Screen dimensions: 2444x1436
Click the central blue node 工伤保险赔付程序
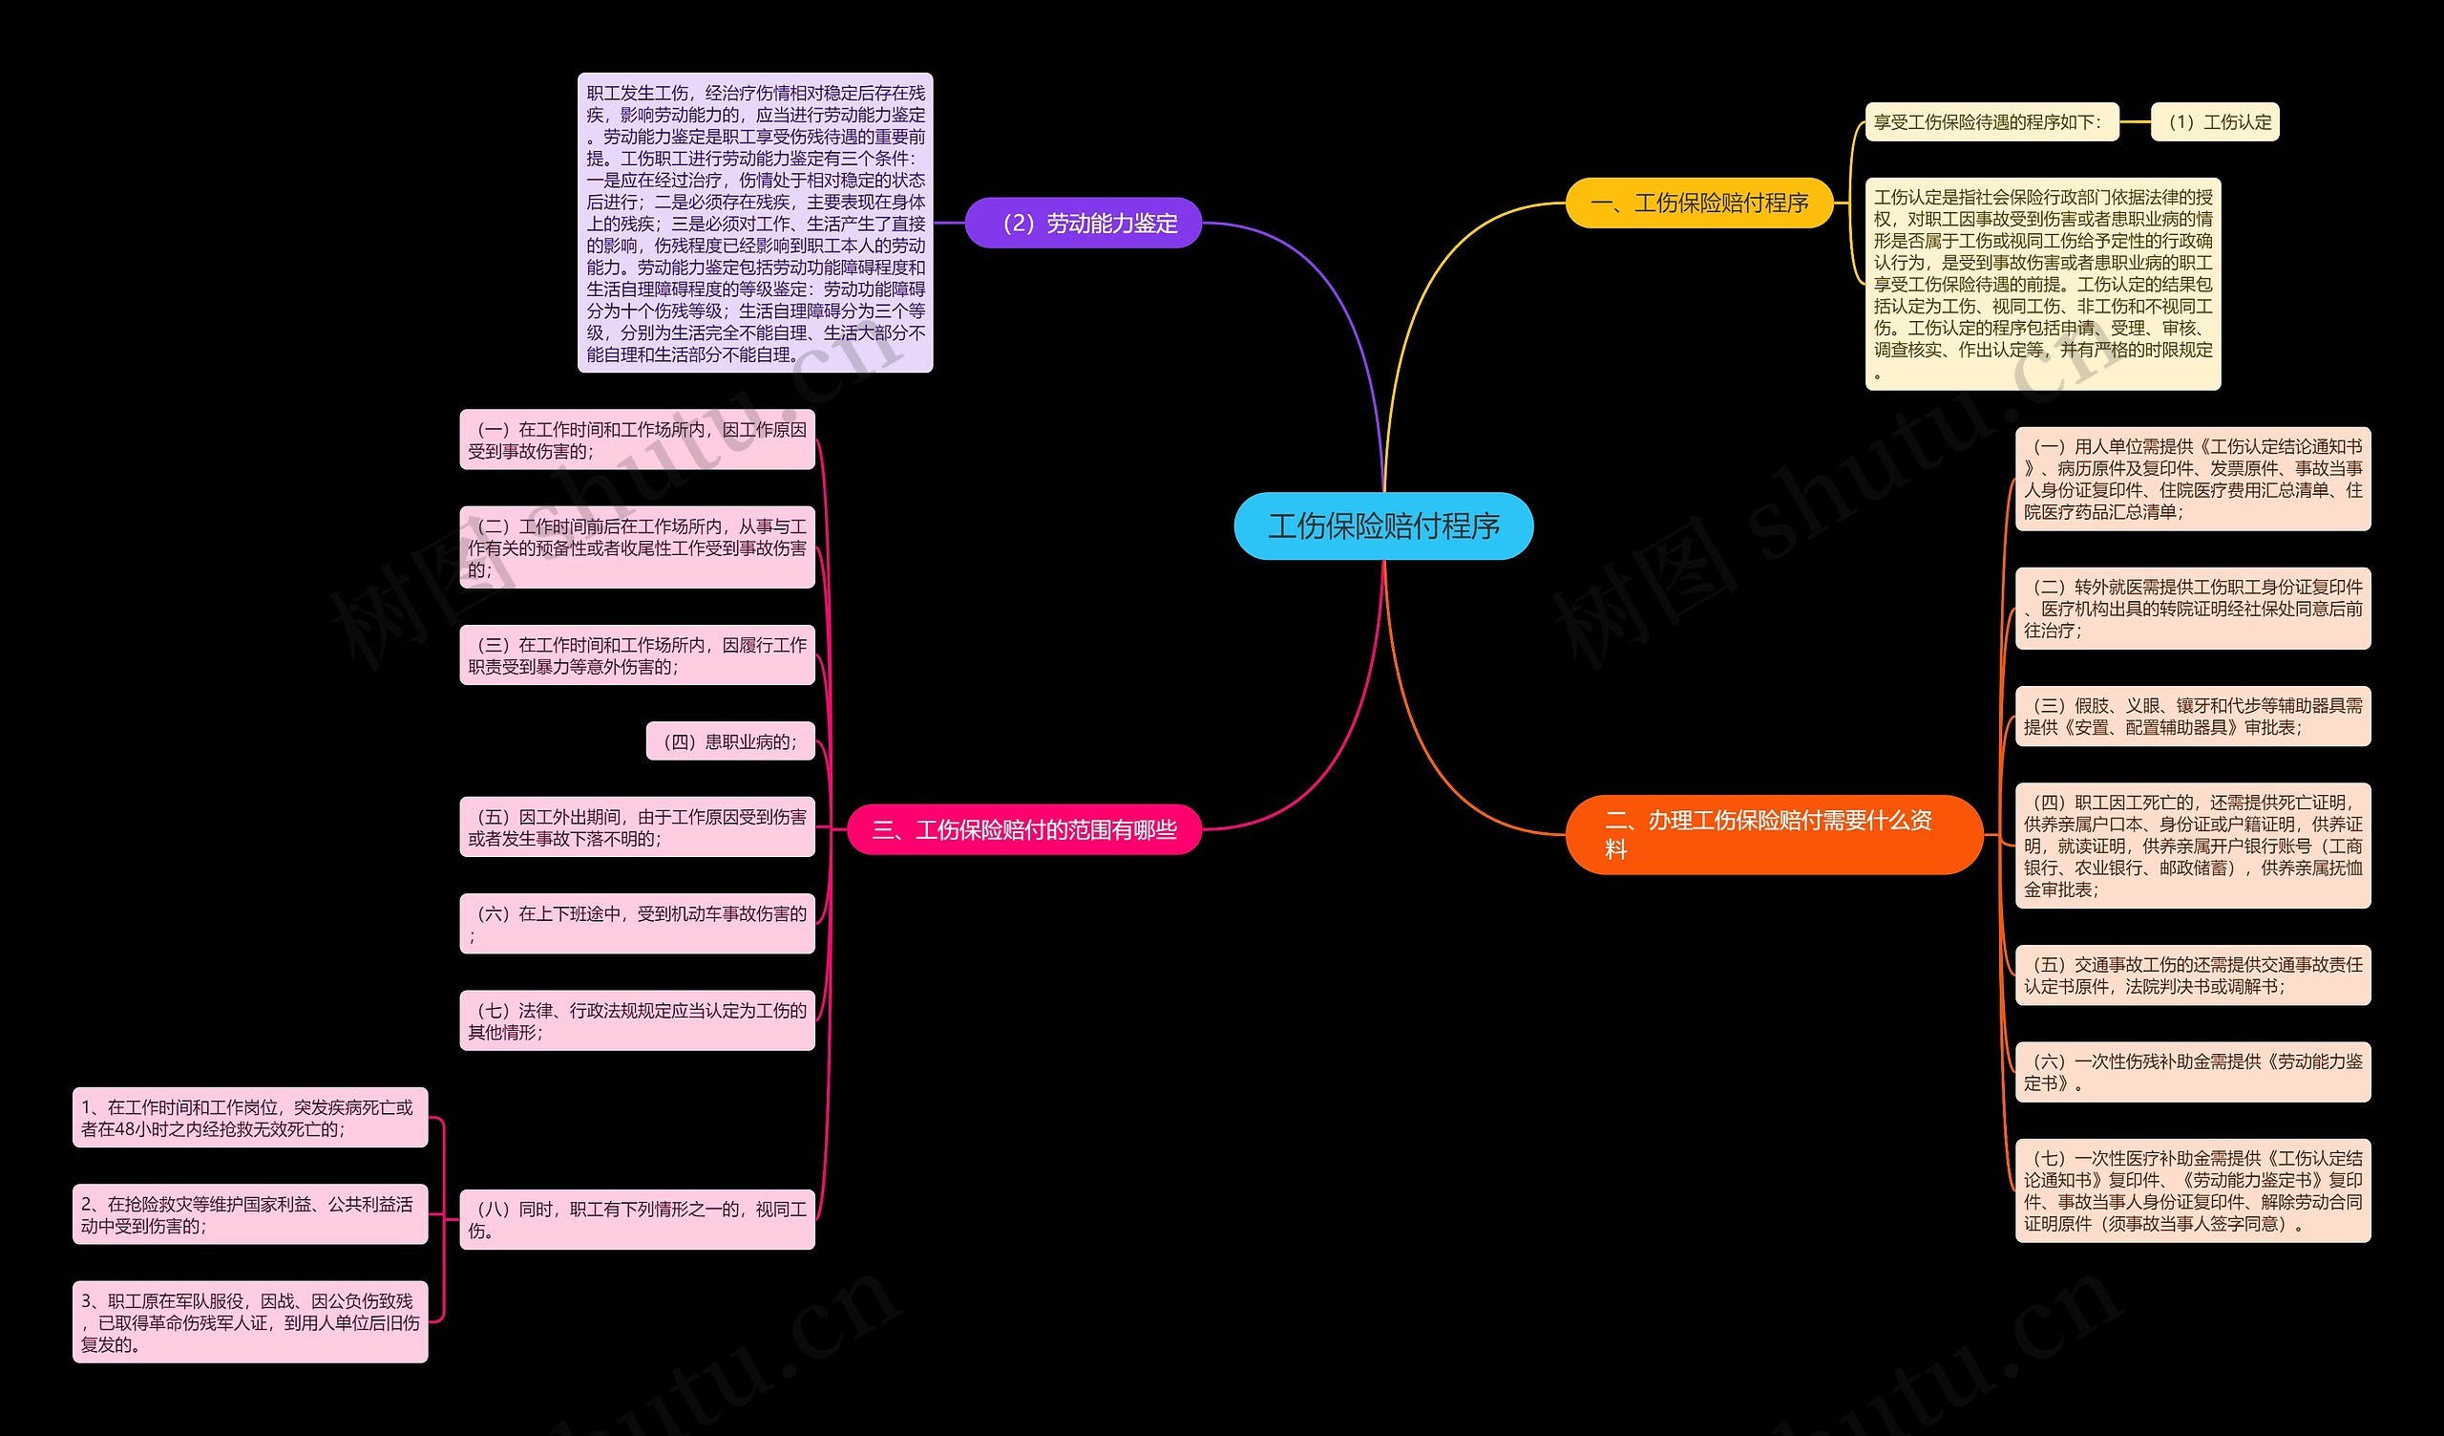1383,525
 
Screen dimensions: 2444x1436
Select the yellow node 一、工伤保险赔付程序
1699,203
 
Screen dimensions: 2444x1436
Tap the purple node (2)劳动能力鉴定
1084,224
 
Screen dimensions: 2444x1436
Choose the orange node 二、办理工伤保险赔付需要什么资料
1773,834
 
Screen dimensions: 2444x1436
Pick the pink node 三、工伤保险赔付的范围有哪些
1024,829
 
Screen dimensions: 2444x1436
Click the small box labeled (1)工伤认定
2214,122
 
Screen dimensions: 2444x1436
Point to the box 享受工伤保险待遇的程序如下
1991,122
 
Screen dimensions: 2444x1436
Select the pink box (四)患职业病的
730,741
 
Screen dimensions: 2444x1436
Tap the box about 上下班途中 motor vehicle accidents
637,924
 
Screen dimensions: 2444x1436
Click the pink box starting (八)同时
637,1220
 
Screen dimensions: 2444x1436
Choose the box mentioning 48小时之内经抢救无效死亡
250,1118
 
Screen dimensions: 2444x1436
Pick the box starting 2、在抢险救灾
250,1214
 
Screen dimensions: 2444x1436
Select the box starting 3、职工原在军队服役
250,1321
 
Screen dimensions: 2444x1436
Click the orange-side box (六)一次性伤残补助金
2193,1072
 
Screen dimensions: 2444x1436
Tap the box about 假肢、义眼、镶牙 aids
2193,716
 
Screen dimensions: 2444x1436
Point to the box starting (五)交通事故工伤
2193,975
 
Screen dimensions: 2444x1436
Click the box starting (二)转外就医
2193,609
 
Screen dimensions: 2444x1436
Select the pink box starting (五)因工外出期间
637,827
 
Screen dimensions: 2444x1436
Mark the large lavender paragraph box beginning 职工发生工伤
755,224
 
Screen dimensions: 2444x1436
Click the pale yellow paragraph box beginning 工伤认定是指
2042,285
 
